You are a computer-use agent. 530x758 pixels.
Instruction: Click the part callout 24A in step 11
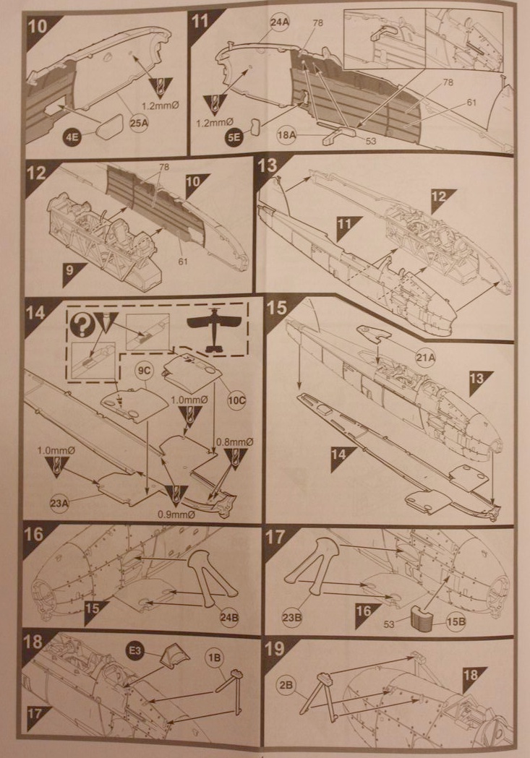click(x=280, y=23)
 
